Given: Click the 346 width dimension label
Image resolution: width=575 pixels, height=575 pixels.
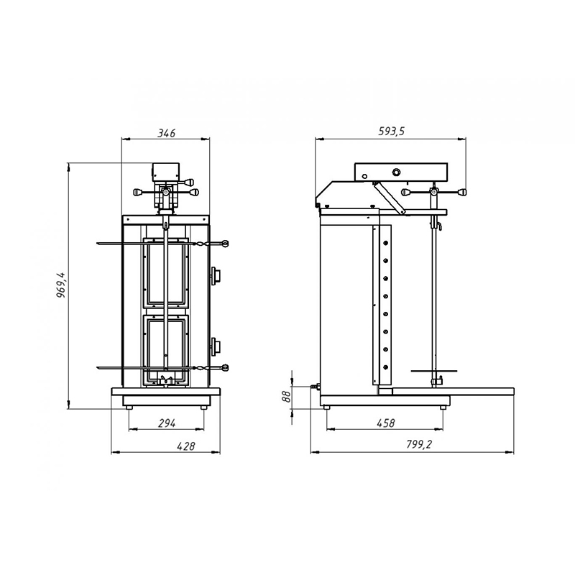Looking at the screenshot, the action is pos(167,133).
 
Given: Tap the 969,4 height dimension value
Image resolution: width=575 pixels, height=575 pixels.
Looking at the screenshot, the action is pos(61,285).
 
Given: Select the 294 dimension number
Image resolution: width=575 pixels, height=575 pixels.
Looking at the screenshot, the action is pos(167,423).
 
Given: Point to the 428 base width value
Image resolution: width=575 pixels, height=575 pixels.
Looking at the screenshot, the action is pos(186,446).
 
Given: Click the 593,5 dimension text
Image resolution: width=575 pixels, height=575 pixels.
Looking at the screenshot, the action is pos(391,132).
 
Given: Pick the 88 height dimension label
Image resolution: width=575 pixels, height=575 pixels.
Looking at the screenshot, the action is pos(286,397).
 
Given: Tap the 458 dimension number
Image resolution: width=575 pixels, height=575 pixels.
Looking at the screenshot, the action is pos(386,423).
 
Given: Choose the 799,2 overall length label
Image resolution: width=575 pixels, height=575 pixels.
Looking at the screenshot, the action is pos(419,444).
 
